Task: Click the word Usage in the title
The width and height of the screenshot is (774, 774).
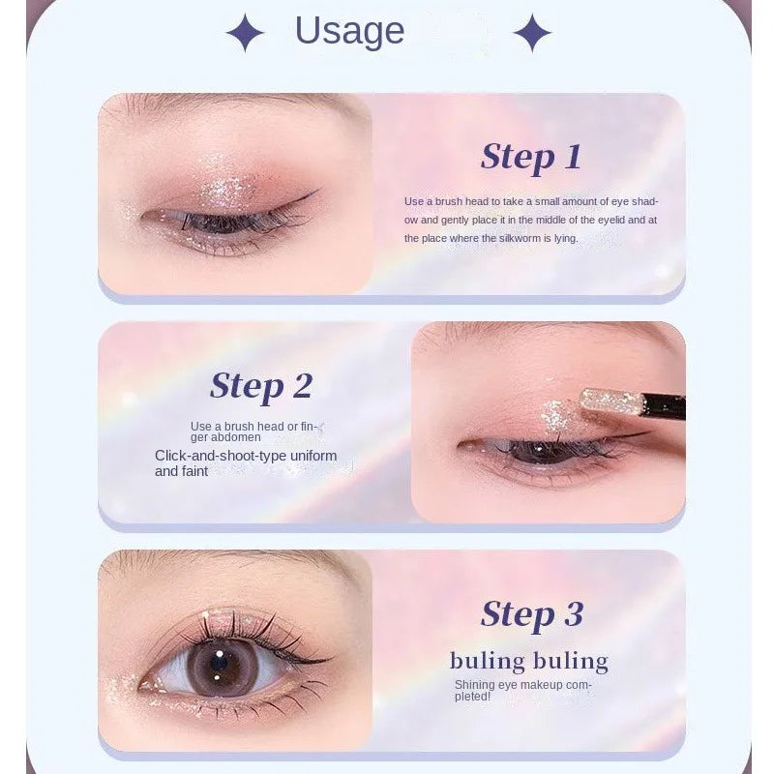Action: [x=349, y=31]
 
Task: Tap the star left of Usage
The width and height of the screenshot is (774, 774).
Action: [x=245, y=34]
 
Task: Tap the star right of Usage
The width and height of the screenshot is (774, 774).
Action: [x=532, y=34]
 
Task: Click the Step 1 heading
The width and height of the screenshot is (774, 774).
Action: [x=530, y=156]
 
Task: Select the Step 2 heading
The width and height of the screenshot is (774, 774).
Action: [x=261, y=385]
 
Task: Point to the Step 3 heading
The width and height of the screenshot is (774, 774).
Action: [x=532, y=613]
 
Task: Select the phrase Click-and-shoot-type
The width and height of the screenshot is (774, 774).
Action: [x=215, y=455]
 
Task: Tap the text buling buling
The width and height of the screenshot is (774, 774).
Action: [x=528, y=662]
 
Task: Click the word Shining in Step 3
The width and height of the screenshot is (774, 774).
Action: [x=475, y=684]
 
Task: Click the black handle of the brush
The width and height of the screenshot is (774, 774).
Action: [x=666, y=407]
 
